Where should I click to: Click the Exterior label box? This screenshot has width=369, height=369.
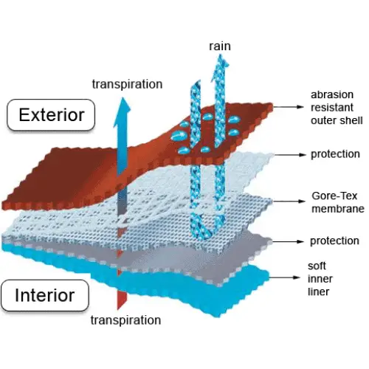pos(51,115)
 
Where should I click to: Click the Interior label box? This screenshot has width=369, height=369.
pos(45,295)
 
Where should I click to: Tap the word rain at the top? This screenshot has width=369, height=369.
pos(220,46)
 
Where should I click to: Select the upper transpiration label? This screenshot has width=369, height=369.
pos(127,84)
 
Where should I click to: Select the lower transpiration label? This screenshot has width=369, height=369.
pos(125,320)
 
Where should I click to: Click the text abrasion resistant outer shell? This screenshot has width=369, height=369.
pos(337,108)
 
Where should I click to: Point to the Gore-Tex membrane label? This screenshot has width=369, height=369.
pos(338,202)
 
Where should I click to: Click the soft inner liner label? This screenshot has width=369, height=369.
pos(320,279)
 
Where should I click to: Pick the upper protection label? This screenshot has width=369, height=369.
pos(335,154)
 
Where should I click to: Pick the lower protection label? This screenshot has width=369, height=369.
pos(334,241)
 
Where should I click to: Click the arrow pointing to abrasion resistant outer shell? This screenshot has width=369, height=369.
pos(289,107)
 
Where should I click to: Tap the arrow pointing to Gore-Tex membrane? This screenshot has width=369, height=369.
pos(289,201)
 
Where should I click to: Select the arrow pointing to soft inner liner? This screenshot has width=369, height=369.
pos(284,277)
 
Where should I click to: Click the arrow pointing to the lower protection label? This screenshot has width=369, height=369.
pos(289,241)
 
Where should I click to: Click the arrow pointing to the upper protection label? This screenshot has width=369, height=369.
pos(289,155)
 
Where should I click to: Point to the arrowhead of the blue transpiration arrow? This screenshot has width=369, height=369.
pos(123,112)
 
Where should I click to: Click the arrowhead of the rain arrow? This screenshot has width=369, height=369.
pos(220,67)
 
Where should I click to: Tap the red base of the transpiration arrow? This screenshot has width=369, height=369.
pos(122,300)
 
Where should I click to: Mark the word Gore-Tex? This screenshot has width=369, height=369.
pos(334,196)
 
